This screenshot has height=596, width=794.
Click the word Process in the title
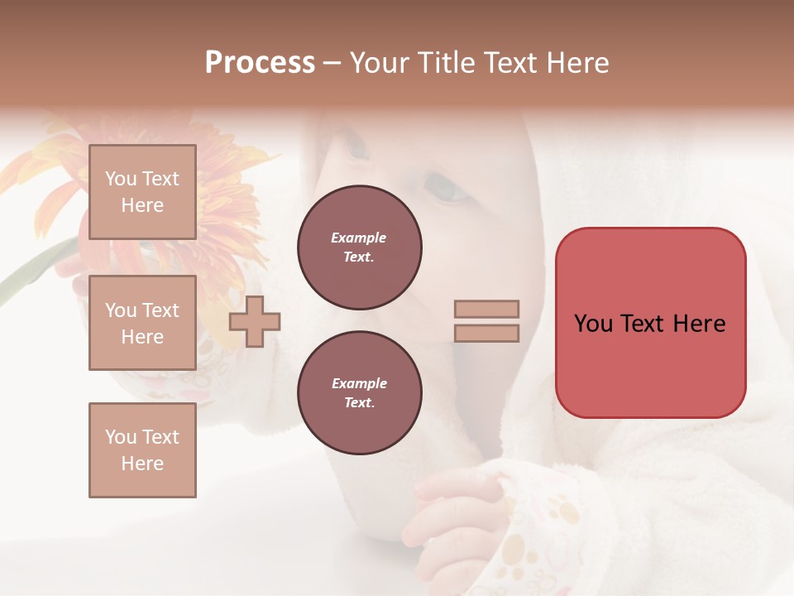coord(260,63)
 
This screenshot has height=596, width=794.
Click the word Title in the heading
coord(442,63)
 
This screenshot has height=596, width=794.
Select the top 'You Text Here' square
coord(142,192)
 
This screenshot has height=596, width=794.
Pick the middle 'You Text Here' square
coord(142,323)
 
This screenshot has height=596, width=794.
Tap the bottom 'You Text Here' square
coord(142,449)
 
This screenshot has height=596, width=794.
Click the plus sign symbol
coord(255,321)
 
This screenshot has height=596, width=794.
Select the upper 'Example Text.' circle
coord(359,248)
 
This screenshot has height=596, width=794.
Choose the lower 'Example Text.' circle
coord(359,393)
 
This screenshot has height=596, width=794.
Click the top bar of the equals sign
coord(486,309)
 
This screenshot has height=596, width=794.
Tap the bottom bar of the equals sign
coord(486,333)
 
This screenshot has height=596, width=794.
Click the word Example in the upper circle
coord(359,238)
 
